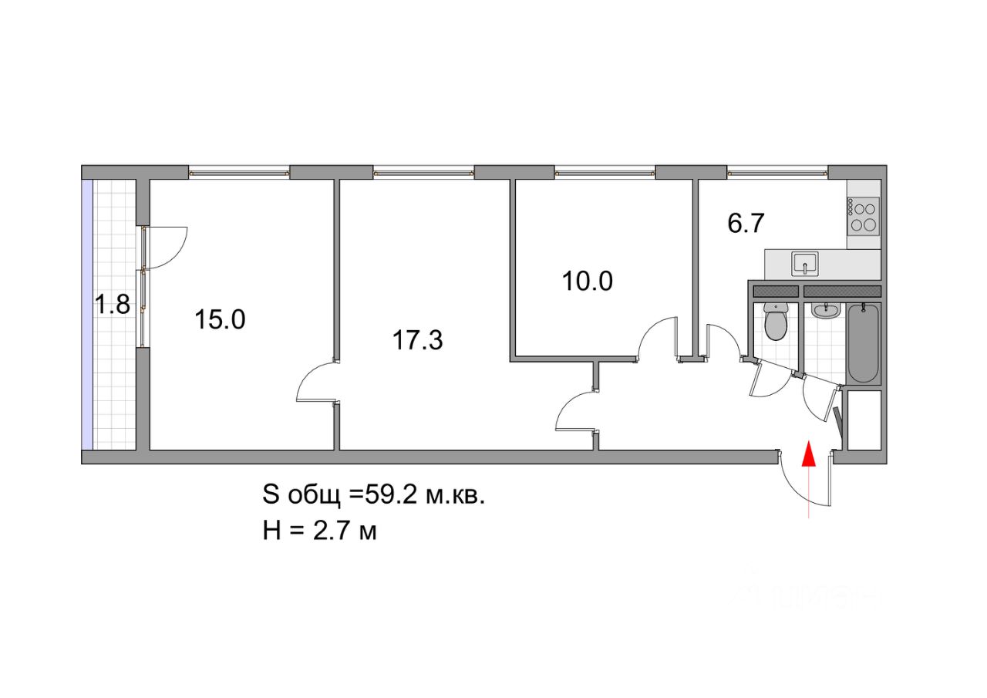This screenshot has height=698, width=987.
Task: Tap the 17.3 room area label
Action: [418, 339]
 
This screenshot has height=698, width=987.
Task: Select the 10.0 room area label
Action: [587, 281]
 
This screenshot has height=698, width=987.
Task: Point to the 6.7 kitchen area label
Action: [745, 223]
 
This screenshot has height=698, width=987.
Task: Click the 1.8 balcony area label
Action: [111, 305]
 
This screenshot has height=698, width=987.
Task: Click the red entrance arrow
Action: [808, 455]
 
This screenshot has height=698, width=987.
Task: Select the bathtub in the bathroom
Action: [863, 342]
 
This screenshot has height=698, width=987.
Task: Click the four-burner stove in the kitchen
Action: [864, 216]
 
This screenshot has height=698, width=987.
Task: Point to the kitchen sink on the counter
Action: [806, 264]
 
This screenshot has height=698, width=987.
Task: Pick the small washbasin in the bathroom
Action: [824, 310]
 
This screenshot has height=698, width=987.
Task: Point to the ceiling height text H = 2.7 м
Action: [319, 531]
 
